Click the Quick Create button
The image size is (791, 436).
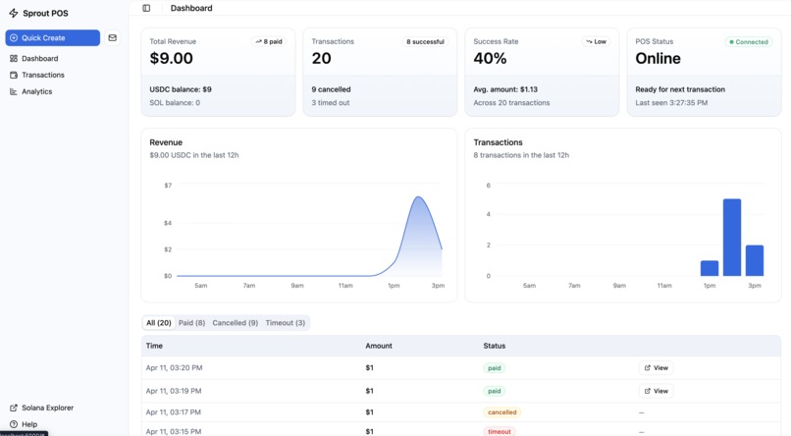[52, 37]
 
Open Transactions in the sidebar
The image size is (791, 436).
[42, 75]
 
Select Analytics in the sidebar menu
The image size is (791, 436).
[36, 91]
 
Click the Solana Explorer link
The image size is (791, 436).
[47, 408]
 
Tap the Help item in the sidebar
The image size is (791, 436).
[29, 424]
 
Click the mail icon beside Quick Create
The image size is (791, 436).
[112, 37]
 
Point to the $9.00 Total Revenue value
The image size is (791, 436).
[172, 59]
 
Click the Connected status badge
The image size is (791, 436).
[748, 42]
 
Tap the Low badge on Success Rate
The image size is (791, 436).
[595, 42]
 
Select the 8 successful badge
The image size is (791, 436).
[424, 42]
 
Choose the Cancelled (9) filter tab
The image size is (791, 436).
[235, 322]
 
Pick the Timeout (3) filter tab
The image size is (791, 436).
[285, 322]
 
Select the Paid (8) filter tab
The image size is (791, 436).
[191, 322]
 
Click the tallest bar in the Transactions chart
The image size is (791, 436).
[731, 237]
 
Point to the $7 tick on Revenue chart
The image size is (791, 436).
[168, 186]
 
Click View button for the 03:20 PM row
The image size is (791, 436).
[656, 367]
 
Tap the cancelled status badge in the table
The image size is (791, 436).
[501, 412]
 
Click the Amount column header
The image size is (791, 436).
[379, 346]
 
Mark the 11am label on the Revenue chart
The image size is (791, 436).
[345, 286]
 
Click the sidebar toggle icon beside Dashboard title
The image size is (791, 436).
[146, 8]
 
